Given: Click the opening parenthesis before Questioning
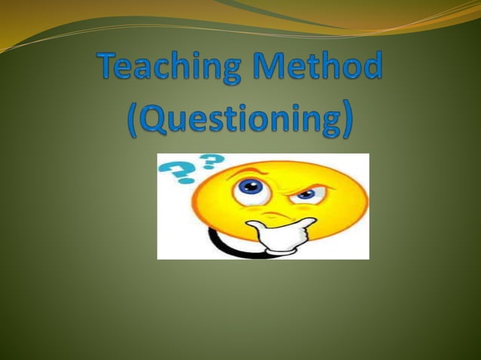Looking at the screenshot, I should (132, 121).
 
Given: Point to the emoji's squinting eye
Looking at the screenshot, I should (305, 194).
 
